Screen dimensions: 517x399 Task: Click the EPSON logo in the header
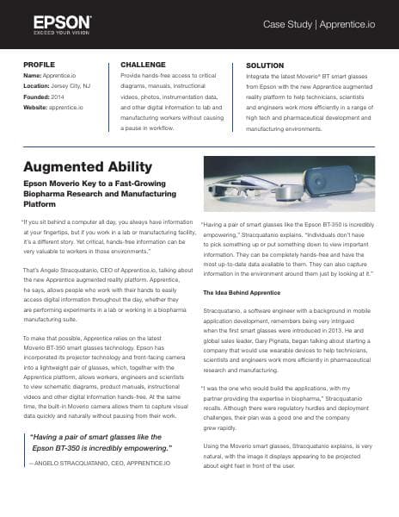point(63,21)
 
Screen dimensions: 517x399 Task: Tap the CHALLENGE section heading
point(144,65)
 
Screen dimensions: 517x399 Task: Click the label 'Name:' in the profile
point(34,77)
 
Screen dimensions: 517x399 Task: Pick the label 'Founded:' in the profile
point(38,97)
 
